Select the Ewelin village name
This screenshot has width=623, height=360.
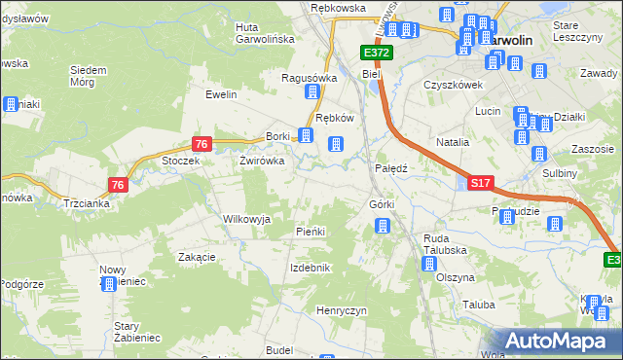tap(221, 94)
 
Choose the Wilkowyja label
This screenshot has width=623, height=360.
tap(246, 219)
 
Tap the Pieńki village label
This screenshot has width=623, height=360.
tap(310, 232)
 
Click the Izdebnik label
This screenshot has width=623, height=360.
tap(311, 268)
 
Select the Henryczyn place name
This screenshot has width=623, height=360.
tap(340, 309)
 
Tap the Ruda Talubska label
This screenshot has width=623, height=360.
tap(445, 243)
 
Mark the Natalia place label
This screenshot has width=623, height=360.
tap(453, 142)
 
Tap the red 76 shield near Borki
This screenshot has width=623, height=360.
tap(201, 144)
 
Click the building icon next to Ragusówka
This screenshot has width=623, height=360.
tap(313, 93)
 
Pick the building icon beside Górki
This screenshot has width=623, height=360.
tap(383, 227)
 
